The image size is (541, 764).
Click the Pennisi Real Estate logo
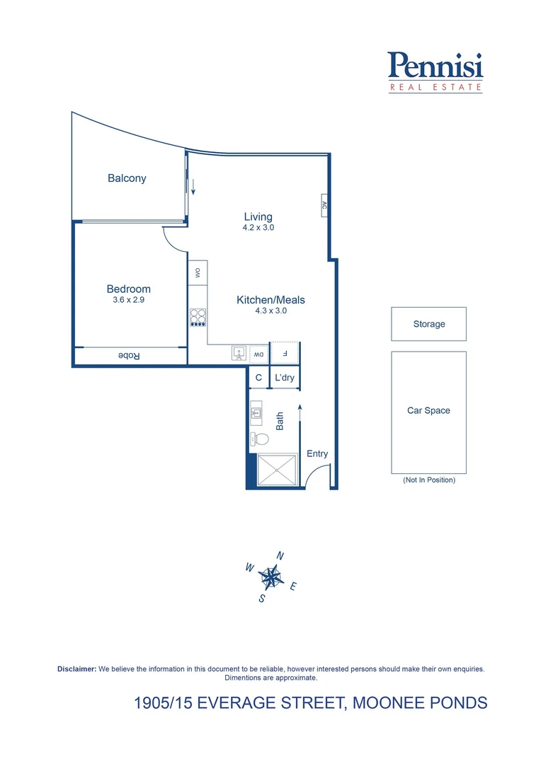click(435, 72)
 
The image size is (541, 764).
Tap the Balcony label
click(127, 178)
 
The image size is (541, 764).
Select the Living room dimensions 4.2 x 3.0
click(258, 228)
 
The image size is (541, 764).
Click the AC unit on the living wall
click(324, 206)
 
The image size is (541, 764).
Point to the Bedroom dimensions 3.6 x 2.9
click(128, 299)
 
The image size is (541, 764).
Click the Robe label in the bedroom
click(130, 356)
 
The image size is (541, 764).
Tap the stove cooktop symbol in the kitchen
click(198, 316)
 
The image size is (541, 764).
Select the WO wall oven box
click(198, 273)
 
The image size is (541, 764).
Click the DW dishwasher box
click(259, 353)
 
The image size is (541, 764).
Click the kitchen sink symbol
click(239, 353)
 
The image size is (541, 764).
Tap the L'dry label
click(285, 378)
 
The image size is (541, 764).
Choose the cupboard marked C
click(258, 378)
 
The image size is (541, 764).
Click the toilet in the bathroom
click(257, 438)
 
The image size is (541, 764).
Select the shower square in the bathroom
click(277, 470)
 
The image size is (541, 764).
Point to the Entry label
click(317, 453)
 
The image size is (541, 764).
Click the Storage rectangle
click(428, 324)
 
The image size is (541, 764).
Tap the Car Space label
click(428, 410)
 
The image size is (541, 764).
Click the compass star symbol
click(270, 577)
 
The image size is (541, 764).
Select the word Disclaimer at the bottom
click(76, 668)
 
